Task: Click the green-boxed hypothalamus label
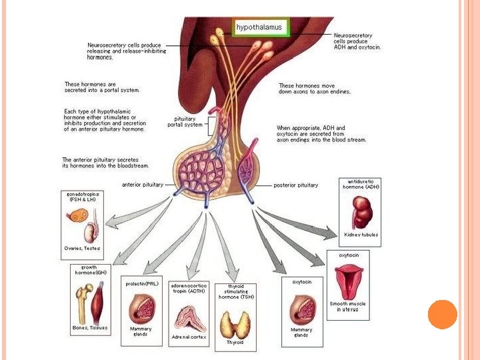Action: coord(259,27)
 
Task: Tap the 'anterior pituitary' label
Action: coord(142,185)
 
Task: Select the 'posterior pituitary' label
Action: coord(296,185)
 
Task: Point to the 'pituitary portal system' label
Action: coord(184,121)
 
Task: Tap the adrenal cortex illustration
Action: coord(190,318)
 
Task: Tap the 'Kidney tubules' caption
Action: coord(361,235)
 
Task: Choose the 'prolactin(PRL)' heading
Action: coord(141,284)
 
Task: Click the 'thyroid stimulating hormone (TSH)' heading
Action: coord(235,291)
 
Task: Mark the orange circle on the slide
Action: coord(442,315)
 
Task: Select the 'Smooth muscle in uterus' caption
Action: coord(348,307)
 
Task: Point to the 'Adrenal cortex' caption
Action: coord(190,337)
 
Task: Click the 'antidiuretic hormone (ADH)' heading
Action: coord(361,184)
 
